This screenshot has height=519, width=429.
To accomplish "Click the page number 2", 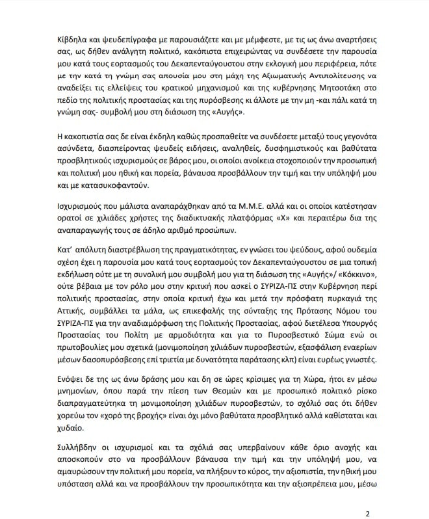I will click(367, 512).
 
